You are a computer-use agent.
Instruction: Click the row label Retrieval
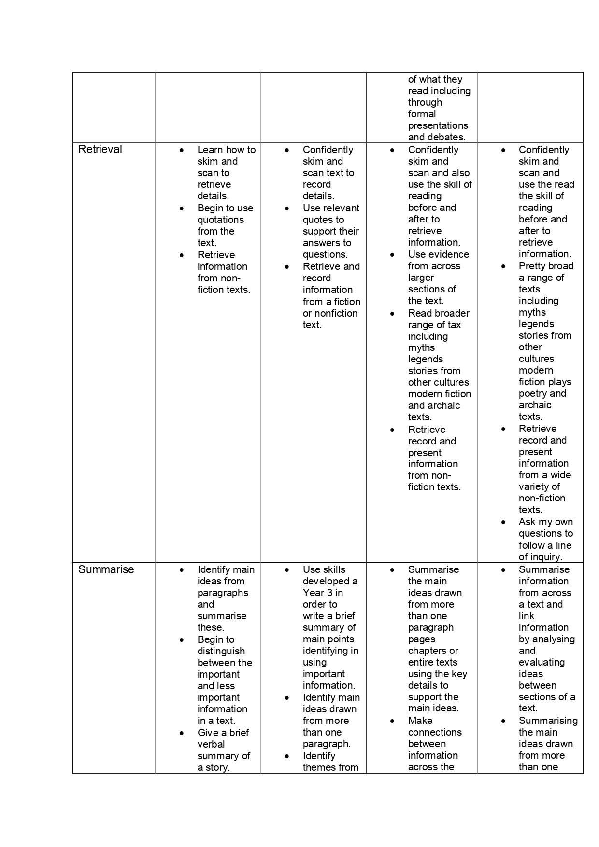pyautogui.click(x=100, y=150)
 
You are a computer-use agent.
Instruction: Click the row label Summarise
pyautogui.click(x=106, y=569)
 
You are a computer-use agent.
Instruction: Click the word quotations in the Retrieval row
pyautogui.click(x=220, y=220)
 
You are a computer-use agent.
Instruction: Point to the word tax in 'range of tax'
pyautogui.click(x=454, y=325)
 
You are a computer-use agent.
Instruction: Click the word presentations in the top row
pyautogui.click(x=438, y=125)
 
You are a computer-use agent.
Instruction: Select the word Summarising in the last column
pyautogui.click(x=548, y=721)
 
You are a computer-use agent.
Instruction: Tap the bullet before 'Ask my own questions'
pyautogui.click(x=504, y=522)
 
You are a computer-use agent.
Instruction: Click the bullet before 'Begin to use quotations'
pyautogui.click(x=182, y=208)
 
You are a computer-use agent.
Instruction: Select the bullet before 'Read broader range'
pyautogui.click(x=392, y=314)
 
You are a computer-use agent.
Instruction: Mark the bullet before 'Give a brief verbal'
pyautogui.click(x=182, y=733)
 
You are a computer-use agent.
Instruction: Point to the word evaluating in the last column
pyautogui.click(x=542, y=662)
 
